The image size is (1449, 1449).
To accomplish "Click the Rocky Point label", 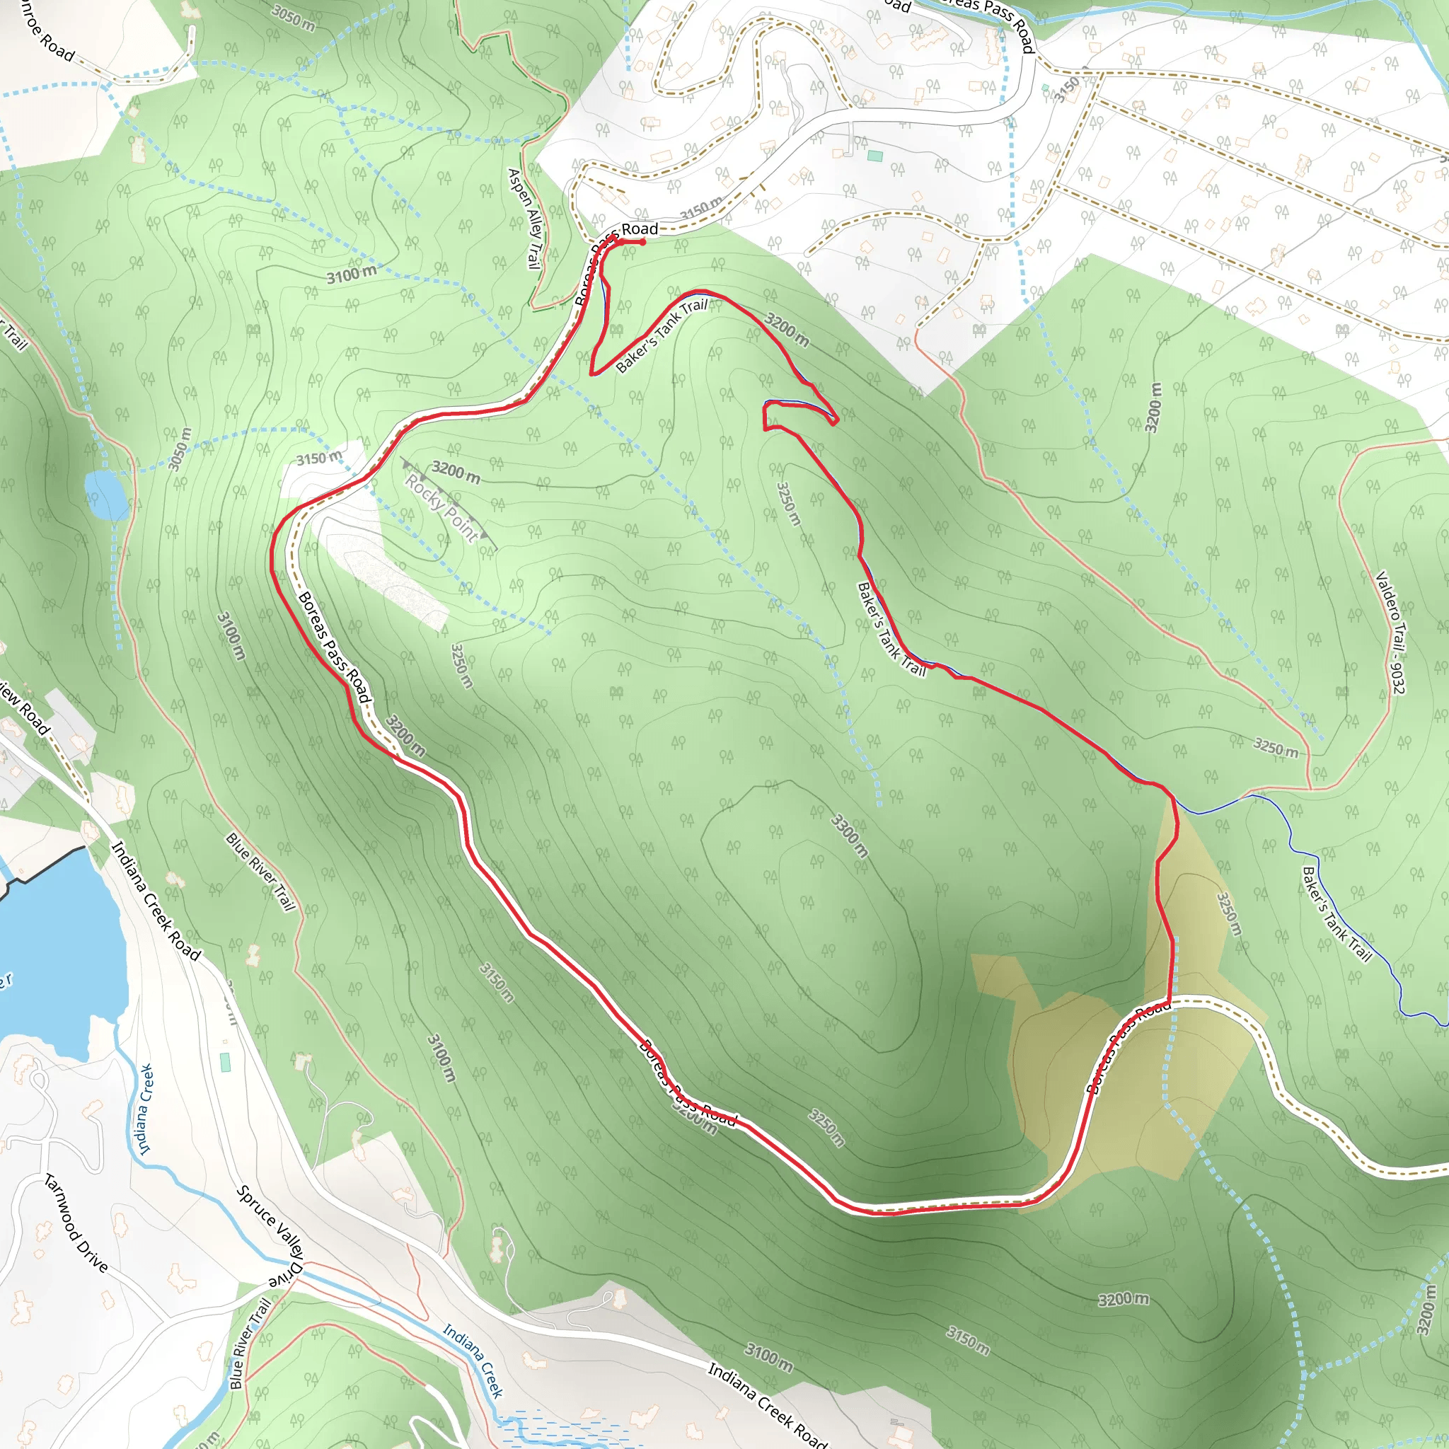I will (441, 508).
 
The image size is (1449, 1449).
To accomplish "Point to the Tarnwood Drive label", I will (76, 1223).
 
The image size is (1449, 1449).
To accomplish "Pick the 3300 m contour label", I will (850, 835).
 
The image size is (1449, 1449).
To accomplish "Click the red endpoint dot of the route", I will (642, 241).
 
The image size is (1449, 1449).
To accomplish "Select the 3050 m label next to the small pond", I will (179, 449).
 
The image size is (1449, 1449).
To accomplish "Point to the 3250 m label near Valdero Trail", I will (1276, 747).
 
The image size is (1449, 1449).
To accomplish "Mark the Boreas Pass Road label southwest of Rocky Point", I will (335, 647).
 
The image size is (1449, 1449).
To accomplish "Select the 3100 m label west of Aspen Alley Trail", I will (352, 275).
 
